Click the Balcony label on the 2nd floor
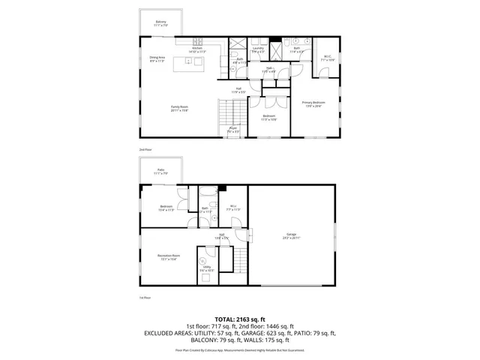coord(160,23)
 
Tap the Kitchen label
coord(197,50)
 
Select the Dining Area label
coord(156,58)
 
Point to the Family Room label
coord(179,109)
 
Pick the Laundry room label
coord(258,50)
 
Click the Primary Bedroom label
coord(313,103)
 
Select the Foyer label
coord(234,130)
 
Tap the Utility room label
coord(207,268)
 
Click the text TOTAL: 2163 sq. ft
coord(240,319)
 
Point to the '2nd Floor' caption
coord(145,150)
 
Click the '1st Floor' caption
coord(145,298)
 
